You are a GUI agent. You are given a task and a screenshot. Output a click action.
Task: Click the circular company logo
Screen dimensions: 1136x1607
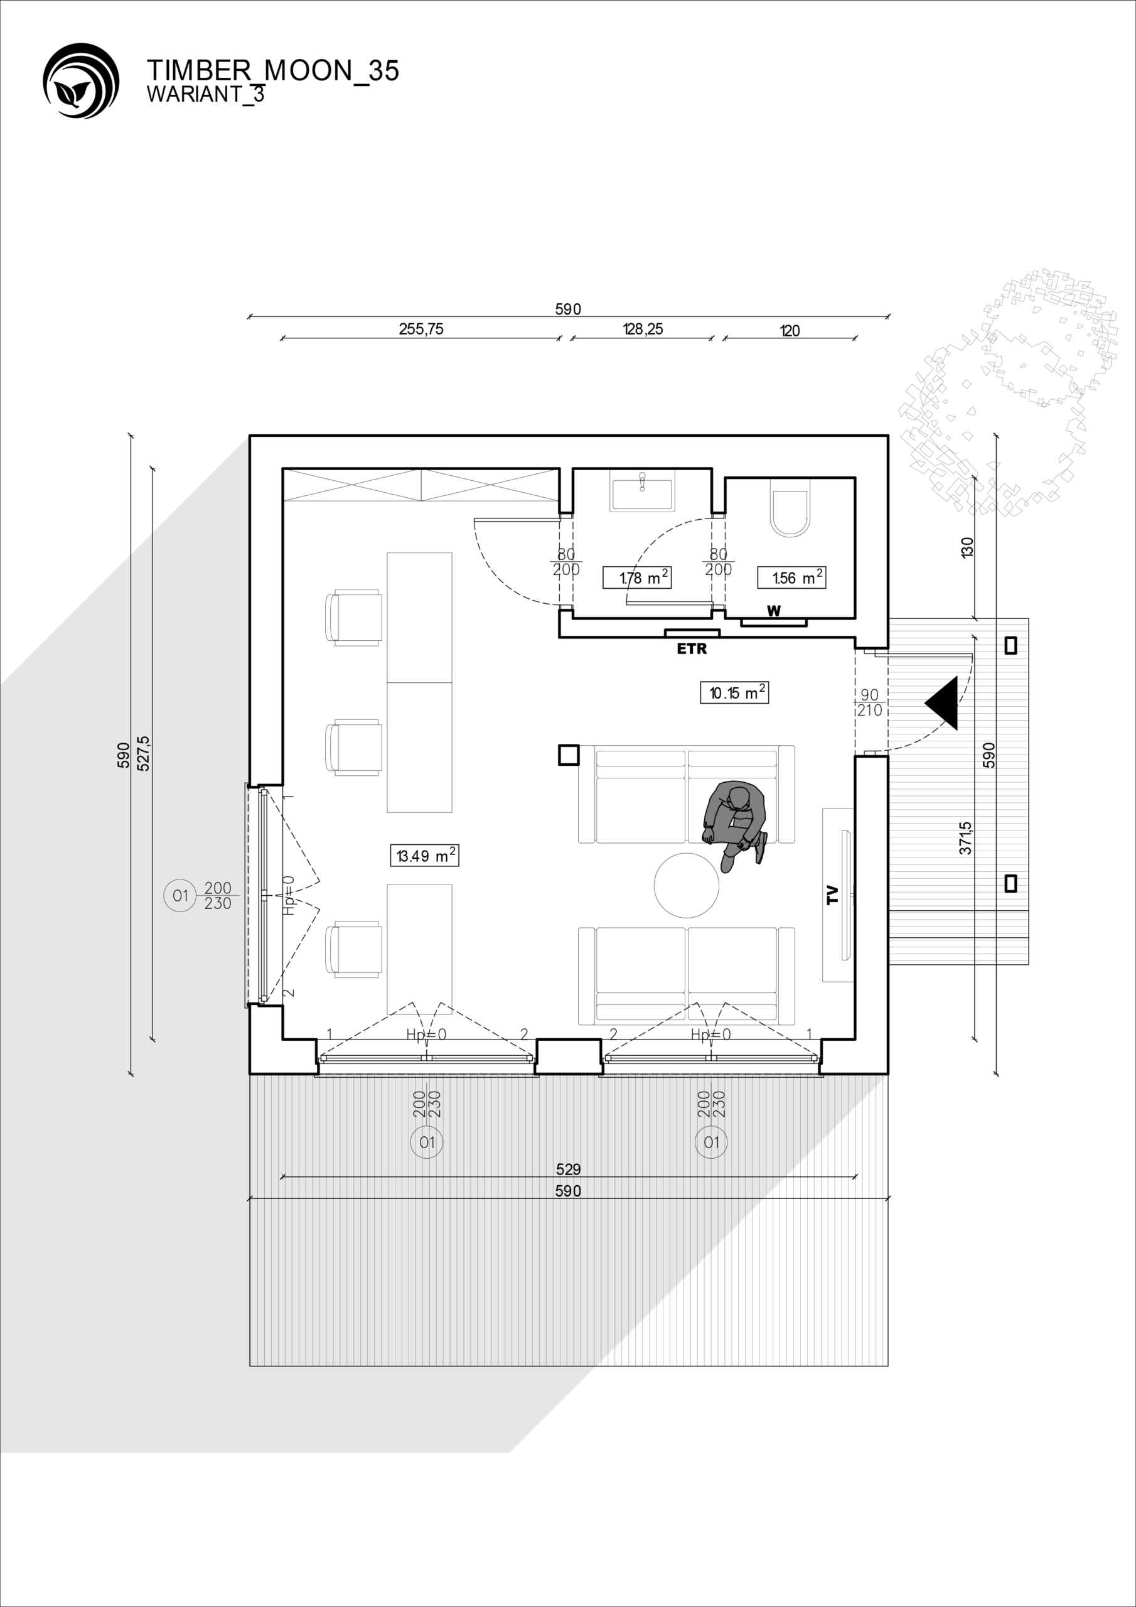(81, 80)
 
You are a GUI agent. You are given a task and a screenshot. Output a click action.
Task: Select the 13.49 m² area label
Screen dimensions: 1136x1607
(424, 856)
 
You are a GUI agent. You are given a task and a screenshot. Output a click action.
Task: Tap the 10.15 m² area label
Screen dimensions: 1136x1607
(734, 692)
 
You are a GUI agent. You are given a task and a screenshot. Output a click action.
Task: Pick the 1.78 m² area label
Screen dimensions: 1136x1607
(637, 578)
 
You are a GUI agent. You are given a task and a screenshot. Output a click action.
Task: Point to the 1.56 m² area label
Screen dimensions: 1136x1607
(791, 578)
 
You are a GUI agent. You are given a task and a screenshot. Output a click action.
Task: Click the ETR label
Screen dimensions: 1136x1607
(692, 649)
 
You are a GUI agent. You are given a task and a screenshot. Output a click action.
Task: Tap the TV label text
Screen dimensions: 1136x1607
(832, 895)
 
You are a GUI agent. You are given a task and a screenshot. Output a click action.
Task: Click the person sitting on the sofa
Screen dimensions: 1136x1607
(735, 823)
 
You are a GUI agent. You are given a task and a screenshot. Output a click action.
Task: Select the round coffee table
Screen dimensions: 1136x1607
(687, 884)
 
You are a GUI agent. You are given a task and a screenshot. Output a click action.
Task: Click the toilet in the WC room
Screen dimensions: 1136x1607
(790, 508)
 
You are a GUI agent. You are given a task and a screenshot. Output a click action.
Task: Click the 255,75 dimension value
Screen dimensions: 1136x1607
(421, 329)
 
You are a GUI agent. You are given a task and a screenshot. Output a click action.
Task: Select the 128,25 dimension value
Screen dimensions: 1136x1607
(643, 329)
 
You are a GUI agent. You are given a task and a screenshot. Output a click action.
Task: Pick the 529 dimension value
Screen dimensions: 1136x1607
(569, 1169)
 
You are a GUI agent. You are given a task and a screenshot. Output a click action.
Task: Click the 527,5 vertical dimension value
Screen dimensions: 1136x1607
(144, 754)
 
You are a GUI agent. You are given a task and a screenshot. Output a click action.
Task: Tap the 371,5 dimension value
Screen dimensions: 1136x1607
(965, 838)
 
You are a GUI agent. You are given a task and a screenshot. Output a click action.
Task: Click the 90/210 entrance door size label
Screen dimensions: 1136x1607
(869, 702)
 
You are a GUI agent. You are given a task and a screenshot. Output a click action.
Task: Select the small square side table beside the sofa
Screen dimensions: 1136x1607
(569, 755)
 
